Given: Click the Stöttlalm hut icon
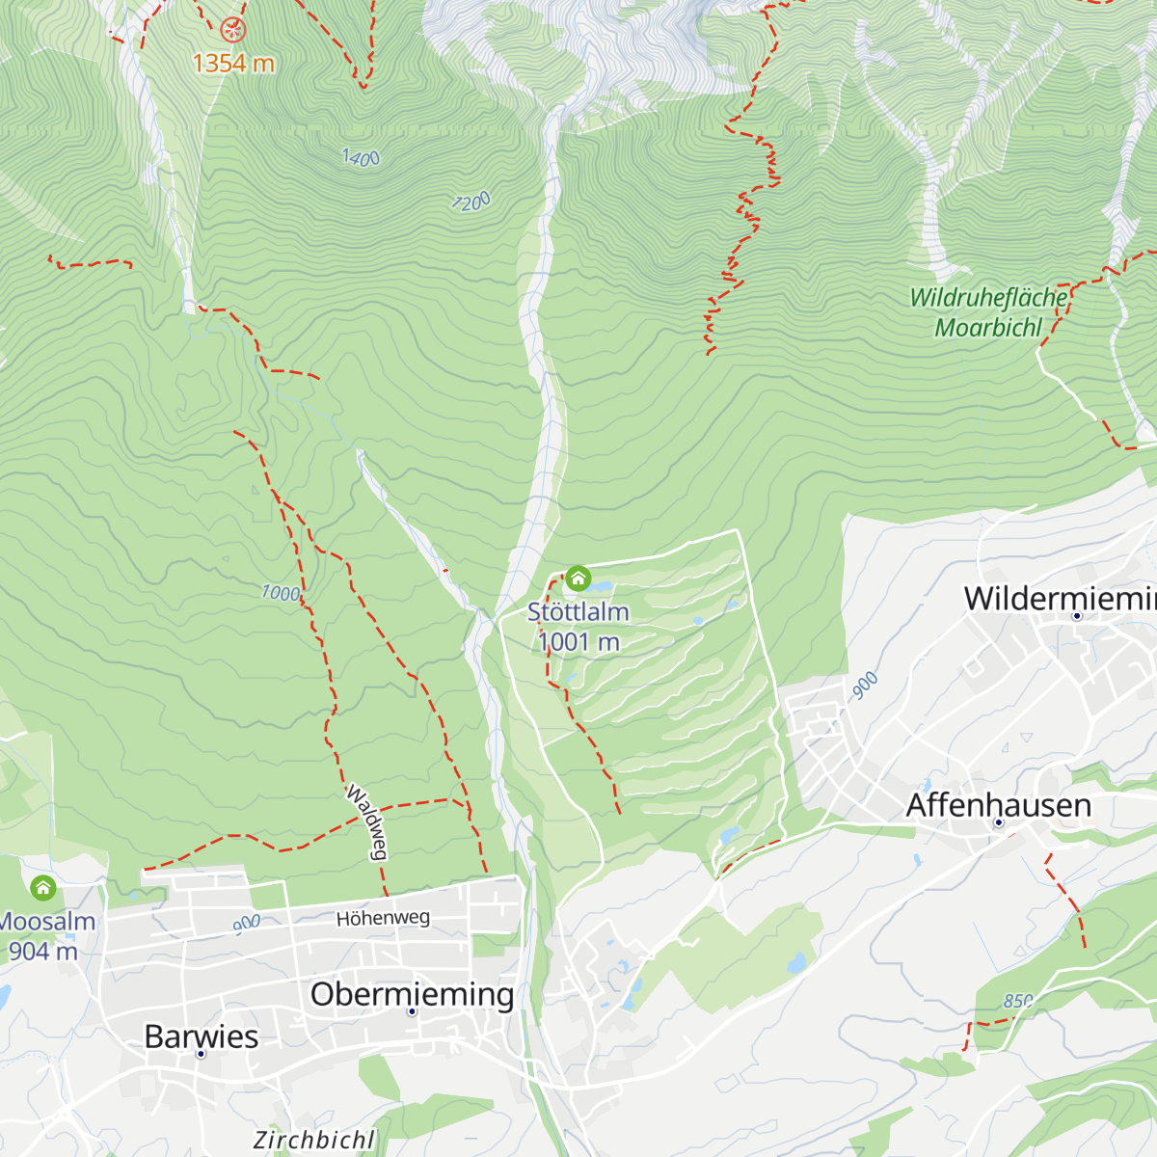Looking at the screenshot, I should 578,578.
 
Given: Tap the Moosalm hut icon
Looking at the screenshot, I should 42,887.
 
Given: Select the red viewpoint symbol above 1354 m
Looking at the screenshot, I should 233,30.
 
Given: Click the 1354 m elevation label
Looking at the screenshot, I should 233,64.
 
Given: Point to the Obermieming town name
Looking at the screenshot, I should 412,993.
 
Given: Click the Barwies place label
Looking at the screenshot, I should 202,1036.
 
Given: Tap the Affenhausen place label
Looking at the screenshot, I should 999,805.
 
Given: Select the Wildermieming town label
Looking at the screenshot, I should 1060,598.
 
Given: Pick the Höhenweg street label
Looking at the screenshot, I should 383,918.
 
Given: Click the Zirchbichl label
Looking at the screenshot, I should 313,1140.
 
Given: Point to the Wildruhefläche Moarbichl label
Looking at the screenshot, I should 989,312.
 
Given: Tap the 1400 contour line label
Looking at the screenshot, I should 362,157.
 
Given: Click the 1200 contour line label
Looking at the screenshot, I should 471,202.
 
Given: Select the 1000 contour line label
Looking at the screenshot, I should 281,593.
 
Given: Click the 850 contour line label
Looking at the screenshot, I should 1018,1001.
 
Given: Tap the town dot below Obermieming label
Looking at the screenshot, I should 412,1011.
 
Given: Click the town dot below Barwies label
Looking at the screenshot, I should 201,1054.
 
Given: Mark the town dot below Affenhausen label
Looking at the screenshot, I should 999,824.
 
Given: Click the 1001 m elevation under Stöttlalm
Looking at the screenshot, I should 578,642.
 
